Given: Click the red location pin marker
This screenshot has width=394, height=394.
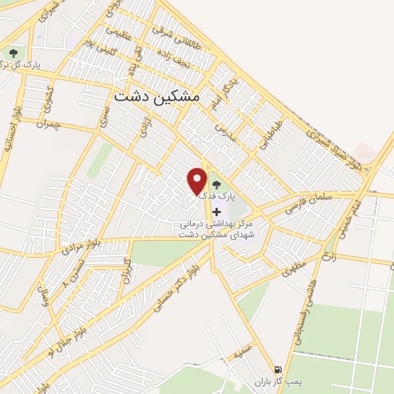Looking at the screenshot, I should [198, 181].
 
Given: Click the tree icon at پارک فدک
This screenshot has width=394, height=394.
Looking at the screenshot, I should [215, 185].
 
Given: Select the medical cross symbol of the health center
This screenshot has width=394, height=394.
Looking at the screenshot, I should [216, 212].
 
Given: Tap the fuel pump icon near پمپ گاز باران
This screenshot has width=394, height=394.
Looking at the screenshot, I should [278, 369].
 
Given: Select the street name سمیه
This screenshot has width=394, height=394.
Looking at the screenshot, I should [243, 353].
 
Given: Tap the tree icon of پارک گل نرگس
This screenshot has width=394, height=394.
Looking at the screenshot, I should [13, 53].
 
